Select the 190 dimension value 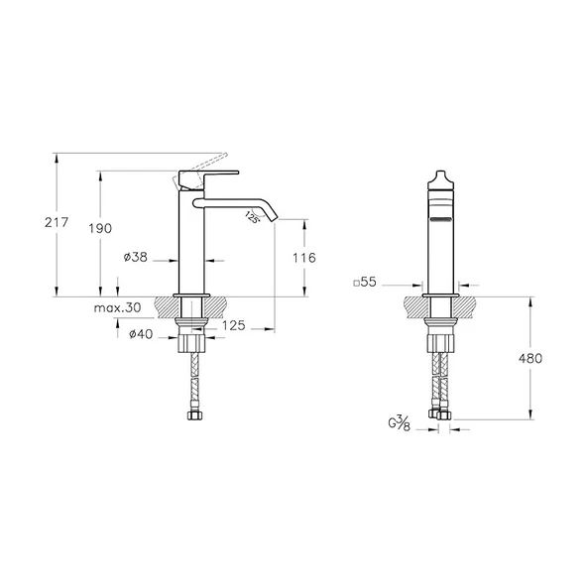(101, 229)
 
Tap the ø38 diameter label (136, 258)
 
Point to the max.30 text (118, 308)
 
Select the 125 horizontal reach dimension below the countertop (233, 325)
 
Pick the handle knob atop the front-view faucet (439, 178)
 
